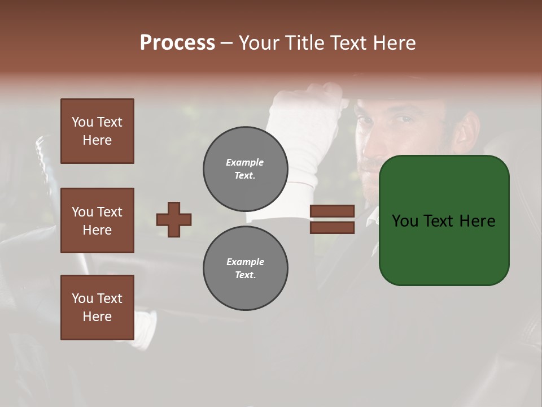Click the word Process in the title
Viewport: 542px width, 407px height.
click(177, 43)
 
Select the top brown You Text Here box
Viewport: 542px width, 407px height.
click(97, 131)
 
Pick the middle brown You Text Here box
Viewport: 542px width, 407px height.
click(97, 220)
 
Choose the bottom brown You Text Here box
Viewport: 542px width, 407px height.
click(97, 308)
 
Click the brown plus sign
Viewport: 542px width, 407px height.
click(174, 219)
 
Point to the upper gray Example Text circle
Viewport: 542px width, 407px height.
click(245, 169)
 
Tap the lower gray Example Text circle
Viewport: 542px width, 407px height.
click(245, 269)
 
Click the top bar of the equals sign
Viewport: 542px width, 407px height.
click(332, 211)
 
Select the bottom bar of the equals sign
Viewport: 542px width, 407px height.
click(332, 227)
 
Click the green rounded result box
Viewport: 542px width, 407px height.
click(444, 220)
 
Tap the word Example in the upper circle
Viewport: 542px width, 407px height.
click(244, 162)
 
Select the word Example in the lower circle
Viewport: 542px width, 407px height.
click(245, 262)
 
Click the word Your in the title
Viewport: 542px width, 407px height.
click(257, 43)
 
